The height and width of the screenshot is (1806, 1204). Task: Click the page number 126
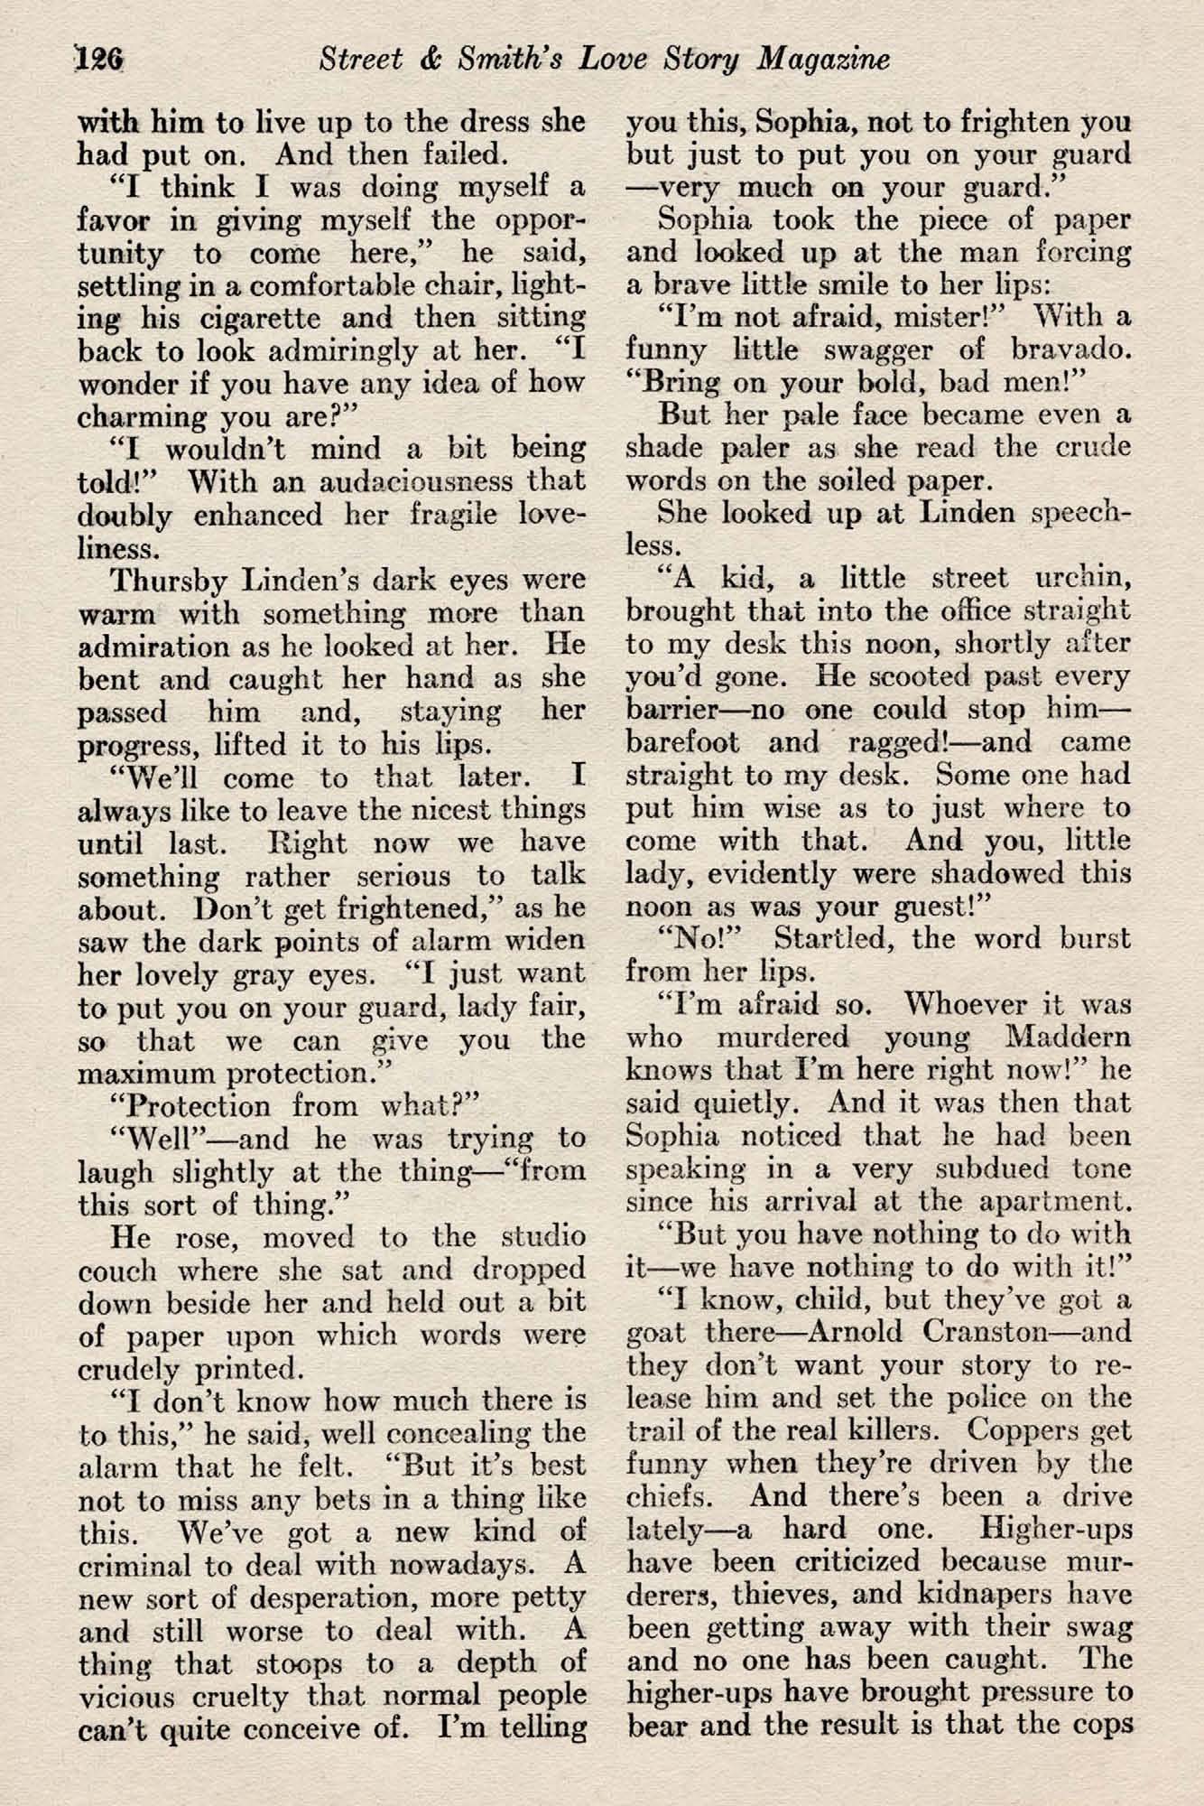click(101, 60)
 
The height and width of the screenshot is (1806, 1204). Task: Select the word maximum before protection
click(142, 1075)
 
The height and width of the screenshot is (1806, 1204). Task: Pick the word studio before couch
click(540, 1236)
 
